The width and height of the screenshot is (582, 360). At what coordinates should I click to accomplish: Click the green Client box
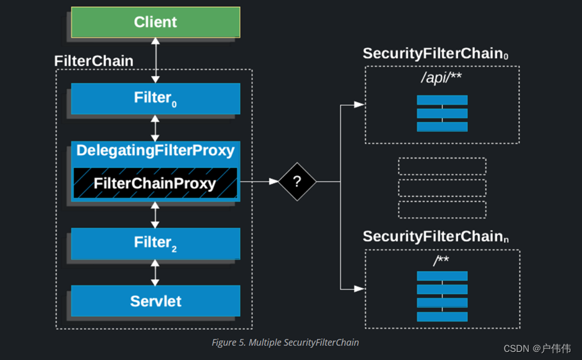point(156,22)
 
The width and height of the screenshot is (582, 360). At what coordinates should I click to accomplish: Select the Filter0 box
point(156,98)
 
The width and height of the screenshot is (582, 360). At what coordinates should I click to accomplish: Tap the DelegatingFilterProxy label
point(155,150)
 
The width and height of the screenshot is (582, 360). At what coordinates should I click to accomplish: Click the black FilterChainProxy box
point(155,183)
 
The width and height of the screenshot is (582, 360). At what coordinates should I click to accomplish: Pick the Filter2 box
point(156,243)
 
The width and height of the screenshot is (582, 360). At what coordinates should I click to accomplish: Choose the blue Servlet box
point(156,301)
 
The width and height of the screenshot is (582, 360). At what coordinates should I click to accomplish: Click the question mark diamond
point(297,181)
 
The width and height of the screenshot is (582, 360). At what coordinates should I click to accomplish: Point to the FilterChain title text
point(94,61)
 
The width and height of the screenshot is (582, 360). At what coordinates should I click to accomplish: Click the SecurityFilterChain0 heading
point(436,54)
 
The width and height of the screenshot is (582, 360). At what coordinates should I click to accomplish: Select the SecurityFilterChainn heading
point(436,237)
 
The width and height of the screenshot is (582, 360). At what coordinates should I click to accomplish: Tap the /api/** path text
point(442,78)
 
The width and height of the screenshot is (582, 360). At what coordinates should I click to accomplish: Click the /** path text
point(442,261)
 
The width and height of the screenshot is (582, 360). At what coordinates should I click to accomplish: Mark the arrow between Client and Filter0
point(156,61)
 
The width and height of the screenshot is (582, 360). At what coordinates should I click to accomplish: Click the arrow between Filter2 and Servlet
point(156,272)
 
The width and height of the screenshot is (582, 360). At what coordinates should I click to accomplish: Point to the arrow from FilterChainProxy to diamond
point(259,181)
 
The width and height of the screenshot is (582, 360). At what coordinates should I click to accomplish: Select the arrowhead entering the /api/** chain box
point(359,105)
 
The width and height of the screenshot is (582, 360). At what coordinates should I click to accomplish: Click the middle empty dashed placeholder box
point(442,187)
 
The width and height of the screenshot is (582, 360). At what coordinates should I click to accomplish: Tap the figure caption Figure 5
point(285,342)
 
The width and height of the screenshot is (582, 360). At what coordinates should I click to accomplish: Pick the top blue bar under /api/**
point(442,100)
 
